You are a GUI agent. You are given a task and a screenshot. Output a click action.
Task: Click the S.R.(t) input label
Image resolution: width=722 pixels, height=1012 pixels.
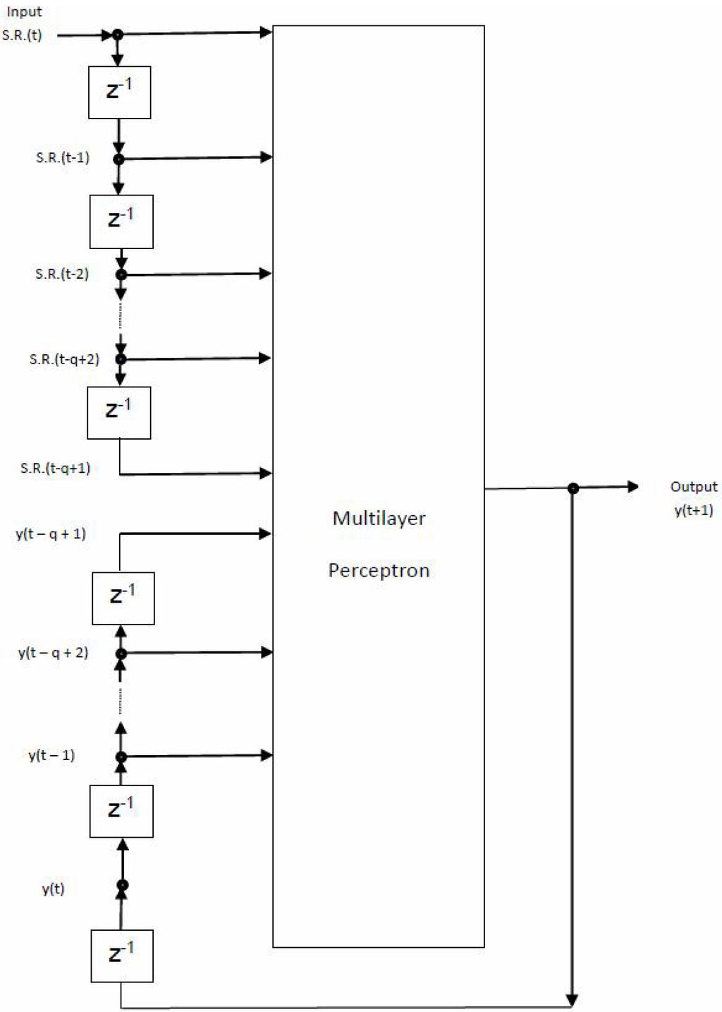coord(22,35)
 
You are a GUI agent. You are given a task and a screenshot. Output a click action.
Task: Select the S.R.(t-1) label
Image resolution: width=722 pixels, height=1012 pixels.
coord(63,157)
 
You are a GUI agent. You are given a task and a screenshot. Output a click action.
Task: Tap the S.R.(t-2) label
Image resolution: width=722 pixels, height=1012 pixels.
coord(62,274)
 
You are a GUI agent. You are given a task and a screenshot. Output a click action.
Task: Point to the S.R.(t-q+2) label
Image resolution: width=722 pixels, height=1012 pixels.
coord(64,359)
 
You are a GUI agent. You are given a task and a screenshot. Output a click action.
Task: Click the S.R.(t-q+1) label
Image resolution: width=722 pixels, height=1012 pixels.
coord(55,468)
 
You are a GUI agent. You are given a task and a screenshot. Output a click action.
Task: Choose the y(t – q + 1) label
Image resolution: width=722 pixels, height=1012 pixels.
coord(51,534)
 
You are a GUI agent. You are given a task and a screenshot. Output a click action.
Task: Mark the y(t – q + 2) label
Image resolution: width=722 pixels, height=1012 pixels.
coord(53,653)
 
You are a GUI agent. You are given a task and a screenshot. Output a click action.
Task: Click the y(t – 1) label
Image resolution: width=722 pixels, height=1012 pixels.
coord(51,755)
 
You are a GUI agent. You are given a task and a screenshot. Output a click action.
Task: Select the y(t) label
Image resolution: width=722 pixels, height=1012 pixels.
coord(53,888)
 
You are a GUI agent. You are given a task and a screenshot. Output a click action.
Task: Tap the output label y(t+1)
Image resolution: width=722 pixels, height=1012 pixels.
coord(693,510)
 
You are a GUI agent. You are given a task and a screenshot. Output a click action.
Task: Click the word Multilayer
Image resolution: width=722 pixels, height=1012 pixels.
coord(379,519)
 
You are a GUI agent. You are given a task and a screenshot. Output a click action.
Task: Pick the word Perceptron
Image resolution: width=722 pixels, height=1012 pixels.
coord(379,570)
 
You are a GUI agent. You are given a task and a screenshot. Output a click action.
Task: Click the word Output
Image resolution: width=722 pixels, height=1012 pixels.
coord(693,487)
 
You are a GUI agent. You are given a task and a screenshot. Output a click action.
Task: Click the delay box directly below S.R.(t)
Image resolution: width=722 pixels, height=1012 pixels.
coord(119,92)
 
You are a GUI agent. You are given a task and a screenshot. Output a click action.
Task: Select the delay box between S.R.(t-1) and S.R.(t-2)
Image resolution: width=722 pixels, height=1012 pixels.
coord(121,222)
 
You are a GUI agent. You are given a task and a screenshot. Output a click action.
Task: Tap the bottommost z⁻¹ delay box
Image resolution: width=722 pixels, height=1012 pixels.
coord(122,956)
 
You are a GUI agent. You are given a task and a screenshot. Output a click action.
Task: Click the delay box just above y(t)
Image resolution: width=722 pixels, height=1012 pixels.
coord(121,811)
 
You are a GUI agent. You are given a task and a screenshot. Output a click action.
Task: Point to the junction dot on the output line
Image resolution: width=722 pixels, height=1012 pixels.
coord(573,488)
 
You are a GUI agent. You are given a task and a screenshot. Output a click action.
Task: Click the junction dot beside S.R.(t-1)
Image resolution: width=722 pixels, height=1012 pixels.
coord(118,159)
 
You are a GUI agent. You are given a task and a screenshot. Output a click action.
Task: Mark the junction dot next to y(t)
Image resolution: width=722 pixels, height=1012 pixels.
coord(122,886)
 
